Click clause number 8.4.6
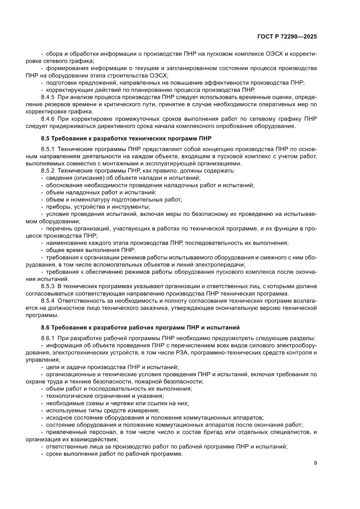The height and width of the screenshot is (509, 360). [47, 119]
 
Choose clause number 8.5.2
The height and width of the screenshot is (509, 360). [47, 171]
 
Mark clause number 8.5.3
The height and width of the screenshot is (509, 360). [47, 287]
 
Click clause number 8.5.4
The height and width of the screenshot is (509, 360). [47, 300]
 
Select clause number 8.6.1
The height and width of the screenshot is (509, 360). [47, 338]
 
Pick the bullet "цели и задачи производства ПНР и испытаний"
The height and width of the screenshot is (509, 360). [112, 367]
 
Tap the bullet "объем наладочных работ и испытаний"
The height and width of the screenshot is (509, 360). [101, 192]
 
